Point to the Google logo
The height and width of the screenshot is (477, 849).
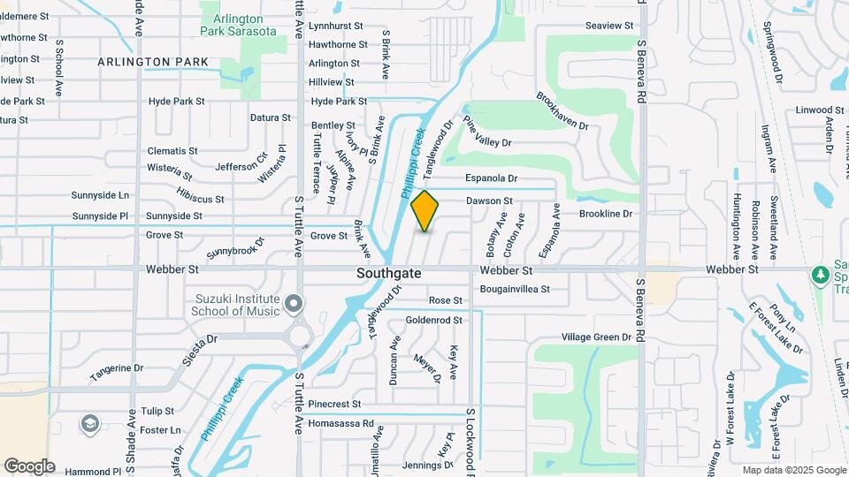[29, 466]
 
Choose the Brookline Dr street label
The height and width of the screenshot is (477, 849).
[606, 214]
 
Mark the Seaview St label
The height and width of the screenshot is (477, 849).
[610, 26]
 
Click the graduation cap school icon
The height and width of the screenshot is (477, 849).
[89, 424]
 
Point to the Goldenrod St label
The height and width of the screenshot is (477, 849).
[433, 320]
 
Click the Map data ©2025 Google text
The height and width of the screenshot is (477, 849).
[793, 470]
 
